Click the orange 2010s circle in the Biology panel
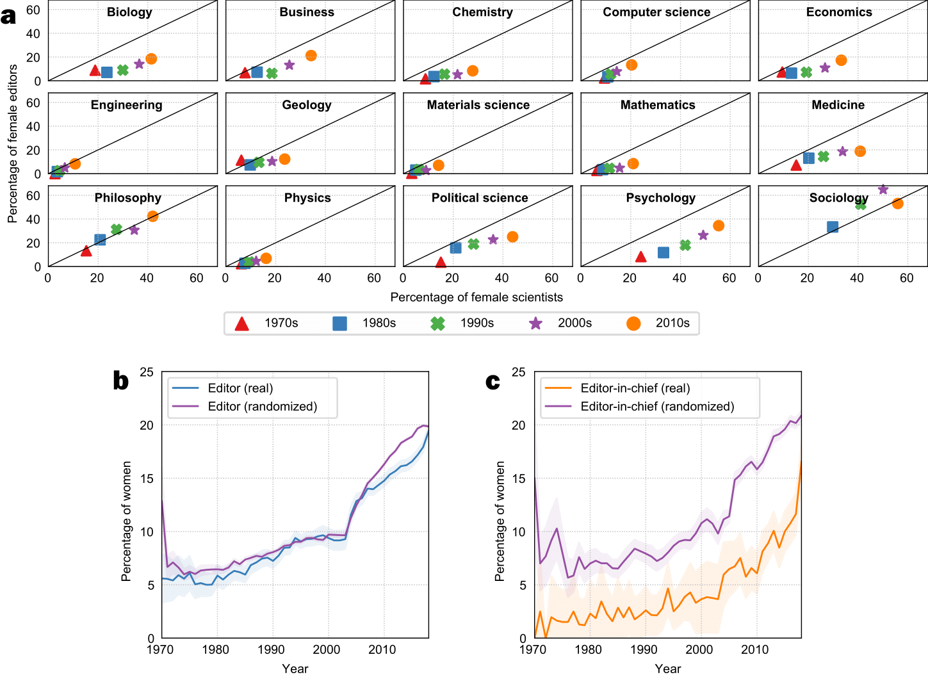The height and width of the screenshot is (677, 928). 151,59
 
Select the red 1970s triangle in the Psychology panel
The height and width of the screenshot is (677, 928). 640,257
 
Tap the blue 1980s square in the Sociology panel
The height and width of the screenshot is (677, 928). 833,227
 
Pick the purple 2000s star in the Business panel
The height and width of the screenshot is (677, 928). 289,65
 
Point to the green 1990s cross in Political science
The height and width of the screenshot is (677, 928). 473,244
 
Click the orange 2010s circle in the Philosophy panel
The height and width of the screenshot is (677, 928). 152,216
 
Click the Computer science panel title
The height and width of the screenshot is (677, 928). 656,12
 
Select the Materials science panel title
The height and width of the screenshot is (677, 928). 478,105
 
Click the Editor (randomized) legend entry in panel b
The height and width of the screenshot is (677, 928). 262,407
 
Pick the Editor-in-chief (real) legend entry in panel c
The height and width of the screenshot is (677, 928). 635,388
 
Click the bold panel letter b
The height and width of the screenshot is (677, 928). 120,381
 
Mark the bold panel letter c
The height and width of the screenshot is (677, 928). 492,381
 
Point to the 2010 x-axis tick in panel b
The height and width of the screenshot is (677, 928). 382,650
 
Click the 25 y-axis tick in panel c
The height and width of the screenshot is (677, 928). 518,372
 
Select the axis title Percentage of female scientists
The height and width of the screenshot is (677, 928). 476,297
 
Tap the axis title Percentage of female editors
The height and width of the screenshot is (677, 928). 12,144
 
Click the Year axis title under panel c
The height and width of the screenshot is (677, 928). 667,669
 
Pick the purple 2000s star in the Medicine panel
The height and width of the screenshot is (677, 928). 842,152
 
